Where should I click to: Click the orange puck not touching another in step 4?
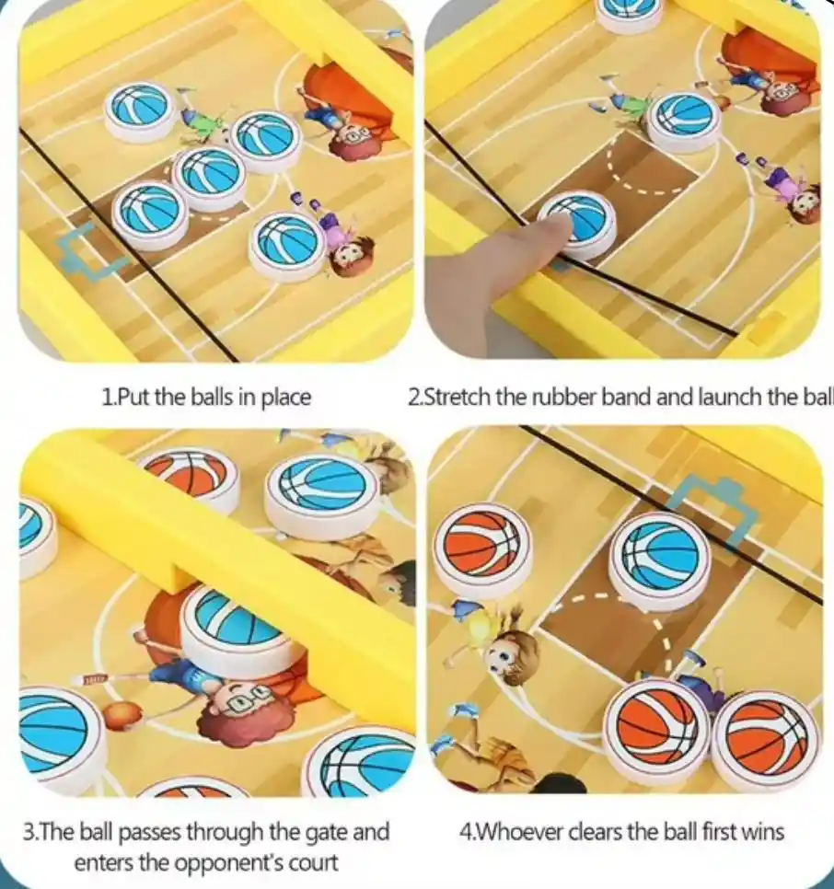pyautogui.click(x=482, y=549)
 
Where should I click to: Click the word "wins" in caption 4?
pyautogui.click(x=760, y=832)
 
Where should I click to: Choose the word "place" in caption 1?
pyautogui.click(x=285, y=398)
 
